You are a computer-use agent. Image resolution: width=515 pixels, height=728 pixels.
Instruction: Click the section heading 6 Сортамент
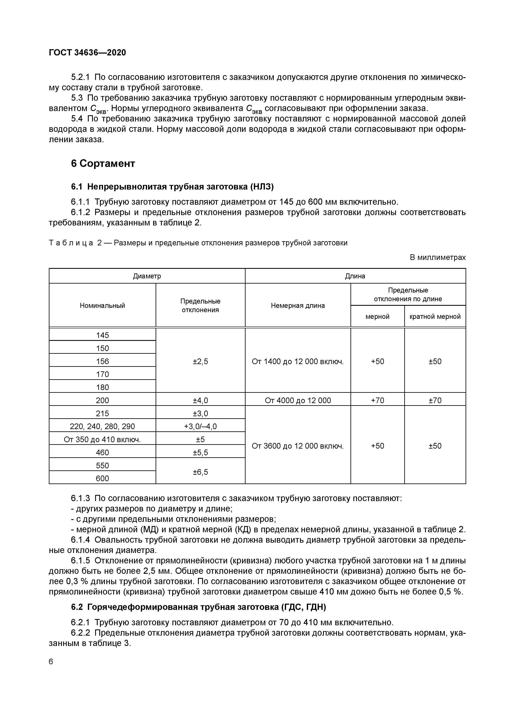click(x=103, y=164)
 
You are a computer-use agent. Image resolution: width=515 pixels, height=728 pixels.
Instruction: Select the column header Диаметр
click(x=147, y=276)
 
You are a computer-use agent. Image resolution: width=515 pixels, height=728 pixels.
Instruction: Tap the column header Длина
click(x=355, y=276)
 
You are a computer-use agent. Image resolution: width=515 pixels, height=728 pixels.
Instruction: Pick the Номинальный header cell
click(x=102, y=306)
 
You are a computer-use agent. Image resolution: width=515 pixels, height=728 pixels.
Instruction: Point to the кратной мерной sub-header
click(x=435, y=316)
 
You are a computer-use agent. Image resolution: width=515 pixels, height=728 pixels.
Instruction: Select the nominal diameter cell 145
click(x=102, y=335)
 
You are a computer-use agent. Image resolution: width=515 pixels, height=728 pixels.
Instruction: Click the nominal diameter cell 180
click(x=102, y=387)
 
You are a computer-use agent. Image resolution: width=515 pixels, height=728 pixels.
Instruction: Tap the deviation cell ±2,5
click(x=200, y=361)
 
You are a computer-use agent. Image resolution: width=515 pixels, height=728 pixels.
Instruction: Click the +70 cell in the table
click(x=377, y=400)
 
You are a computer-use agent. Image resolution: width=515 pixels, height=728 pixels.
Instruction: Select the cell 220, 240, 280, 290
click(x=102, y=426)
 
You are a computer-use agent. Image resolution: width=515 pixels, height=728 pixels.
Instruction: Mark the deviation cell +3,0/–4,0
click(x=200, y=426)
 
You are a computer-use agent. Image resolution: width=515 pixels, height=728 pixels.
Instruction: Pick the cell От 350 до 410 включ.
click(x=102, y=439)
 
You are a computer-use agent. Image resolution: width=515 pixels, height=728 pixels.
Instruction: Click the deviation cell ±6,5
click(x=200, y=472)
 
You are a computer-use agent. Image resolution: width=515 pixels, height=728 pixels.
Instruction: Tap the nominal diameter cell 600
click(x=102, y=478)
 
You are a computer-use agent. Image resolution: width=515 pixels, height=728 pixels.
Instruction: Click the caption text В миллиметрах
click(x=438, y=257)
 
